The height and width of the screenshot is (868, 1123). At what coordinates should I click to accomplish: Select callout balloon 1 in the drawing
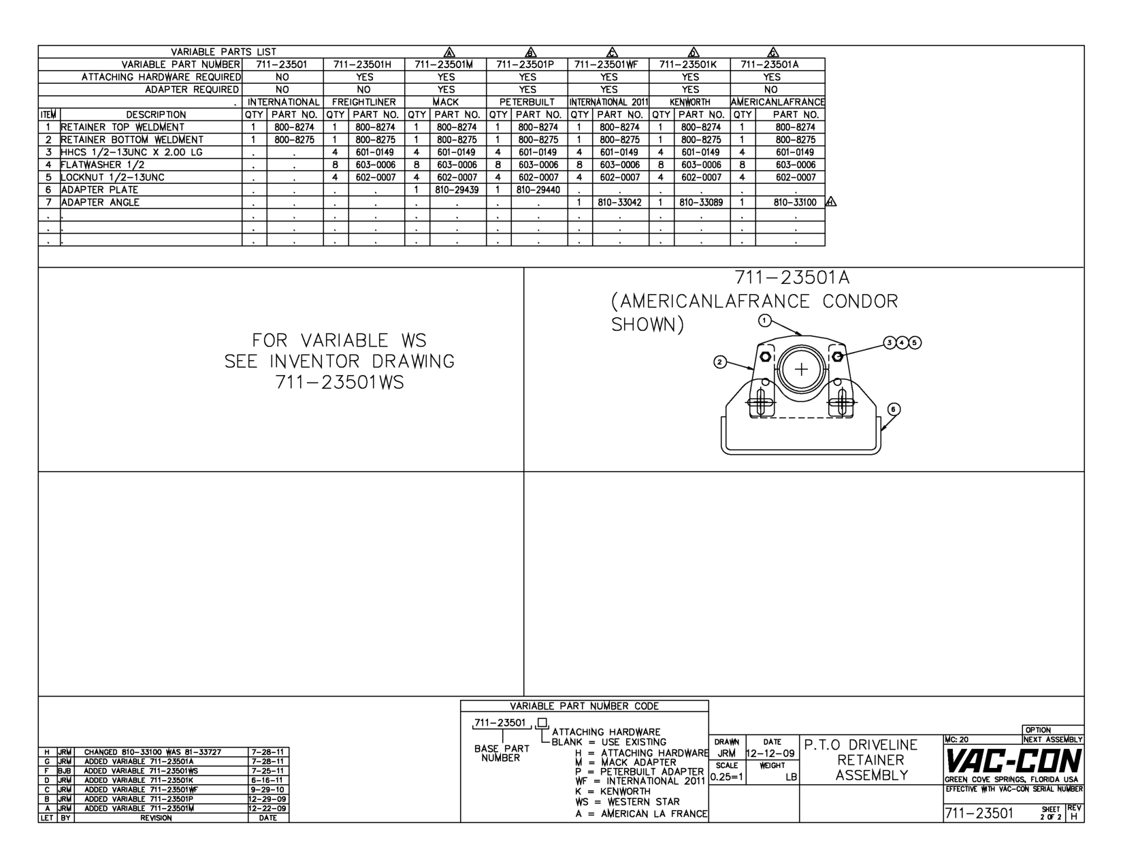pyautogui.click(x=765, y=319)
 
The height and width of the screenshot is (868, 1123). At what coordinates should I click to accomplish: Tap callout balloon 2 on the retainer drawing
pyautogui.click(x=720, y=361)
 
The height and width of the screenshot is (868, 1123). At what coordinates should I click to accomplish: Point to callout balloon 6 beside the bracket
pyautogui.click(x=894, y=409)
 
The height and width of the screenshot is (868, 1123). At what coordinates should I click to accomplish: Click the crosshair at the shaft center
pyautogui.click(x=802, y=370)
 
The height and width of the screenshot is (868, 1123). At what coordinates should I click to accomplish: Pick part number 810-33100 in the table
pyautogui.click(x=796, y=202)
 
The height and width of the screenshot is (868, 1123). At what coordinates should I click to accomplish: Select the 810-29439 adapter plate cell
pyautogui.click(x=457, y=190)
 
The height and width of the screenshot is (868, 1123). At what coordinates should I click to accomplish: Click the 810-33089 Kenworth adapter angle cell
pyautogui.click(x=701, y=202)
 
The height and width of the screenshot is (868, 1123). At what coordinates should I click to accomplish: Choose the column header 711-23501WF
pyautogui.click(x=608, y=65)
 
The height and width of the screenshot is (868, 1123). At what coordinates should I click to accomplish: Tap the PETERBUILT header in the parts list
pyautogui.click(x=527, y=102)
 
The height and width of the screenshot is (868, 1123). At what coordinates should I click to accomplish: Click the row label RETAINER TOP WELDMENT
pyautogui.click(x=123, y=127)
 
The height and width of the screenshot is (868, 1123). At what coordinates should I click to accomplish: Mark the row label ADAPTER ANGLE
pyautogui.click(x=100, y=202)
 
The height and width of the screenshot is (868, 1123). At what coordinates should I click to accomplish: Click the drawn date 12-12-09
pyautogui.click(x=771, y=754)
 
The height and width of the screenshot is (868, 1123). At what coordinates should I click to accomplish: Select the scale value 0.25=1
pyautogui.click(x=727, y=777)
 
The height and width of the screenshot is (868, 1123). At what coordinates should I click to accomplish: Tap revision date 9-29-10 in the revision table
pyautogui.click(x=267, y=790)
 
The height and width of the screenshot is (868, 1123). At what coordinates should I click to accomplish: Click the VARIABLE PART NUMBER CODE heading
pyautogui.click(x=584, y=706)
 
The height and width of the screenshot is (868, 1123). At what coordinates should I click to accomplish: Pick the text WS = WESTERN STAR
pyautogui.click(x=627, y=802)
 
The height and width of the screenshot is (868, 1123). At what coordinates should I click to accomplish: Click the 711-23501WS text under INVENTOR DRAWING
pyautogui.click(x=340, y=383)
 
